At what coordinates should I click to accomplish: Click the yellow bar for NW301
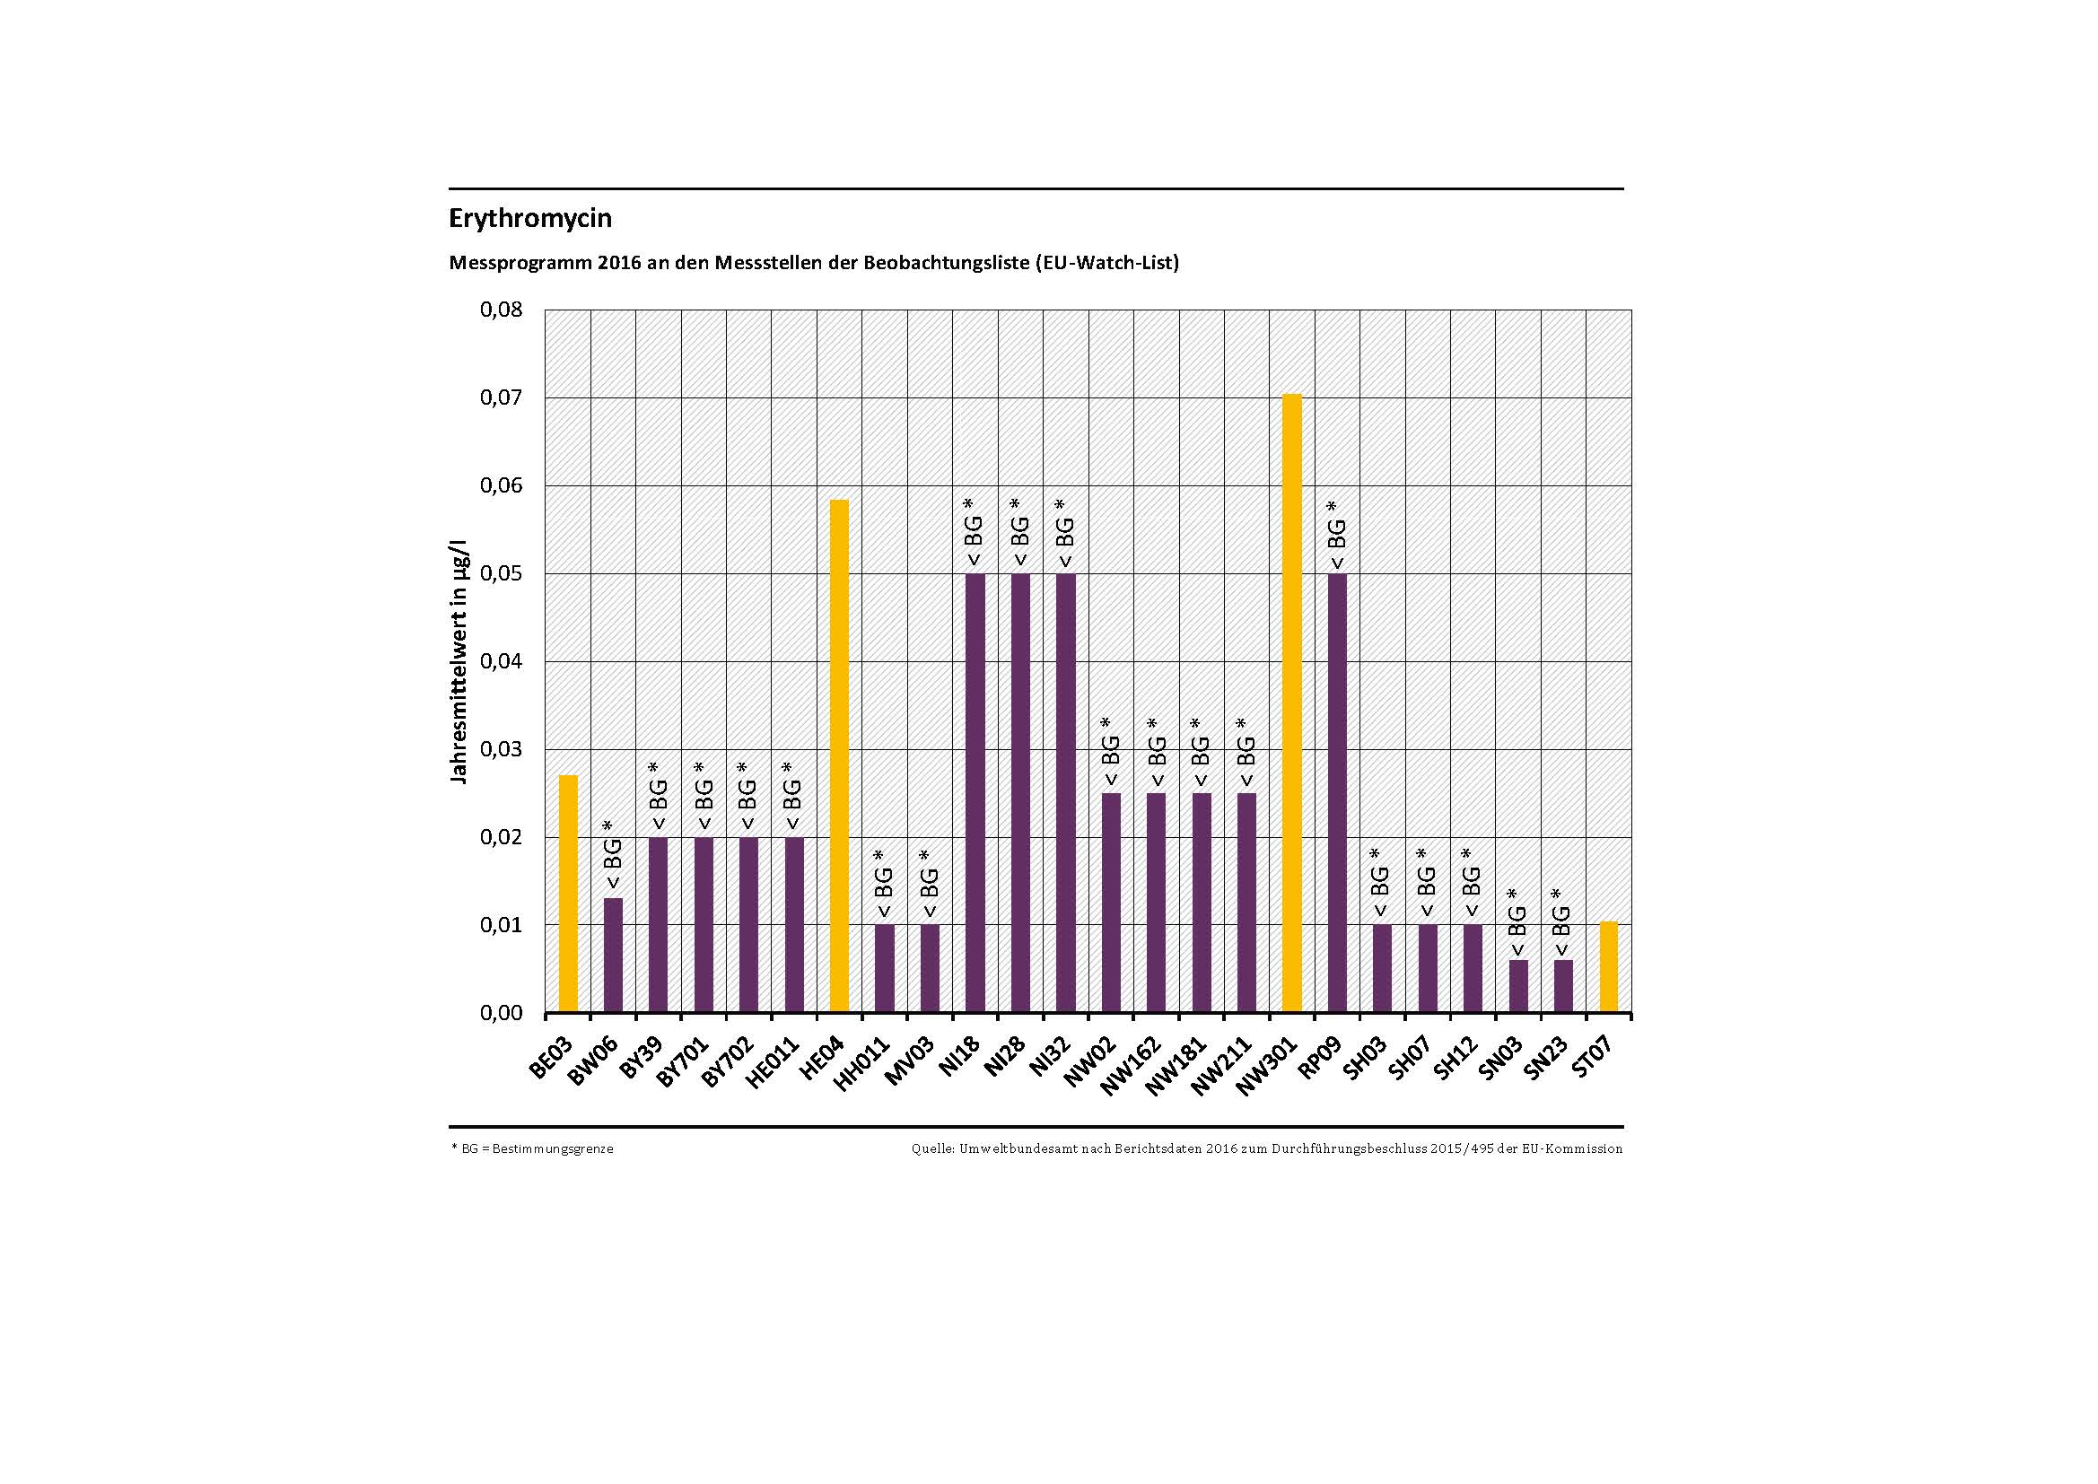point(1291,703)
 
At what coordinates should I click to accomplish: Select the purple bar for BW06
point(613,955)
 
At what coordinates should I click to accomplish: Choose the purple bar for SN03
point(1517,986)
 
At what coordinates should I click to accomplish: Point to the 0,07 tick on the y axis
point(502,397)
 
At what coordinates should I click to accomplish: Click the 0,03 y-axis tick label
point(502,749)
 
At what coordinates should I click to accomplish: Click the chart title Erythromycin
point(530,219)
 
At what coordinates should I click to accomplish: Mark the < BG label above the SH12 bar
point(1471,884)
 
